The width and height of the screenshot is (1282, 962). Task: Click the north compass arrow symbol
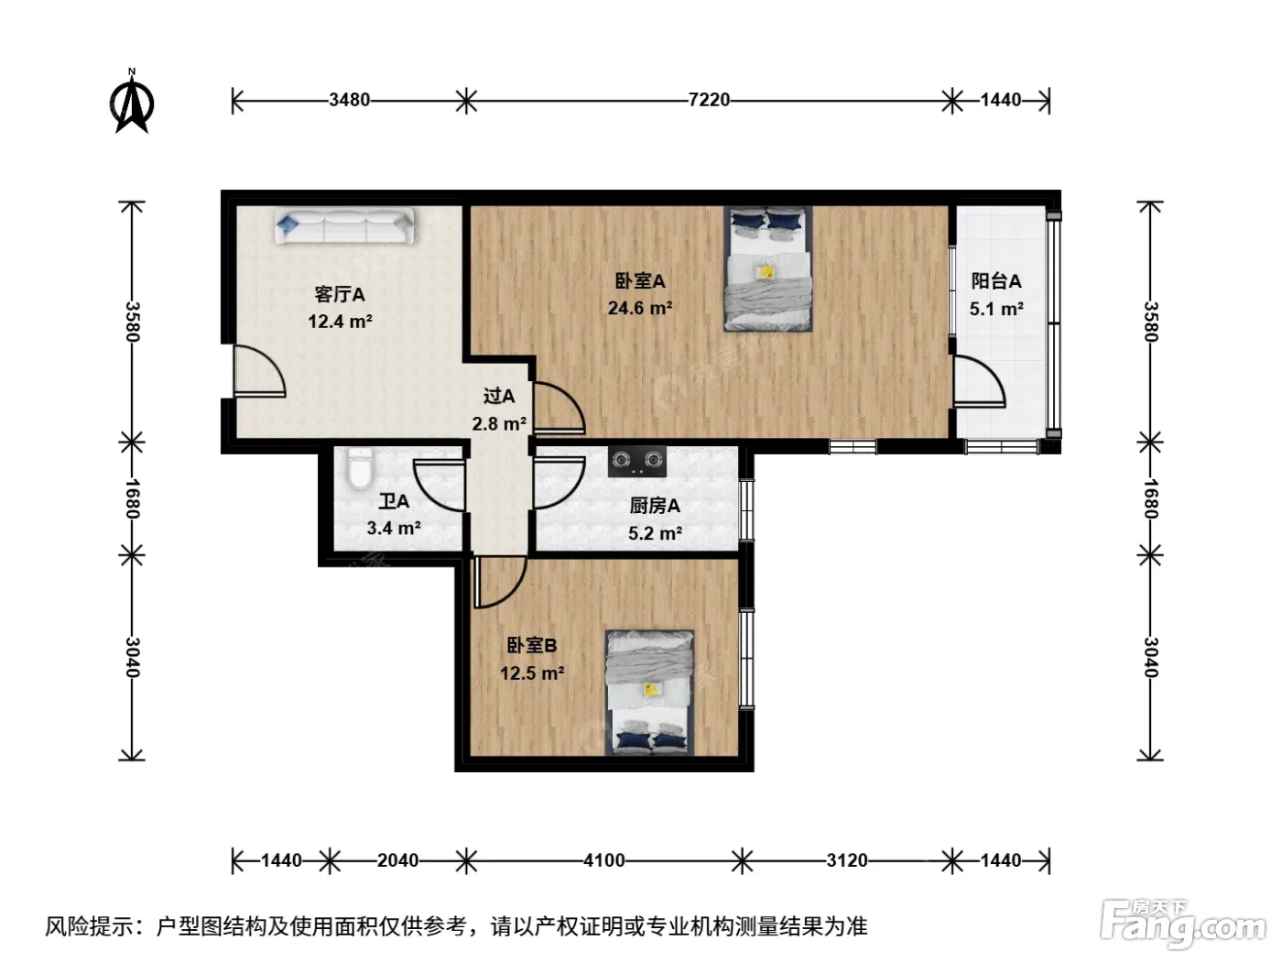pos(132,103)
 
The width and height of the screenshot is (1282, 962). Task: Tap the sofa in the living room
pos(344,225)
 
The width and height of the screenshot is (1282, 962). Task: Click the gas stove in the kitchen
pos(637,462)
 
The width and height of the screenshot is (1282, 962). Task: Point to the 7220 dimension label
pos(709,100)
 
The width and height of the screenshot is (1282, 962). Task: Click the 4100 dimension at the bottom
pos(603,860)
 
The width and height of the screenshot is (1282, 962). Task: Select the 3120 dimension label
pos(846,860)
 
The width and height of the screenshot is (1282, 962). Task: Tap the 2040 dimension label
pos(397,860)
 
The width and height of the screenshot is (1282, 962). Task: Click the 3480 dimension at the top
pos(349,100)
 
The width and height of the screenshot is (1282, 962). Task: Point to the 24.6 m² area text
pos(640,308)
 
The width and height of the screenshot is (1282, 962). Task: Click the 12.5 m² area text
pos(532,672)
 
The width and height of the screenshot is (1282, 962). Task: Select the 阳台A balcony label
pos(996,281)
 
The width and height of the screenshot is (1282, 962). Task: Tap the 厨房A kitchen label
pos(655,506)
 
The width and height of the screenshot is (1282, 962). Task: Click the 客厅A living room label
pos(340,294)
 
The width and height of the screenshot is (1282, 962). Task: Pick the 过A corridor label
pos(499,397)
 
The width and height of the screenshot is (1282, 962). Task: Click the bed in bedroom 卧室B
pos(650,693)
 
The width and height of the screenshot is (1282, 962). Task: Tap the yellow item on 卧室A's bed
pos(766,272)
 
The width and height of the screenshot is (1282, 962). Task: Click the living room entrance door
pos(259,371)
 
